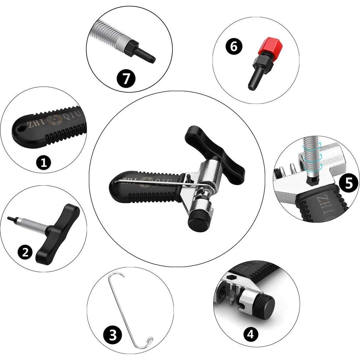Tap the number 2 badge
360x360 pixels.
coord(25,253)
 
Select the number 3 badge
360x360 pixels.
coord(112,335)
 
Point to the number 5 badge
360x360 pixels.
coord(349,183)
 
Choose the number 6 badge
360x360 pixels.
coord(234,47)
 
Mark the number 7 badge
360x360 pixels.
coord(126,78)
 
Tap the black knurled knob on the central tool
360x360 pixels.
coord(199,221)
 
